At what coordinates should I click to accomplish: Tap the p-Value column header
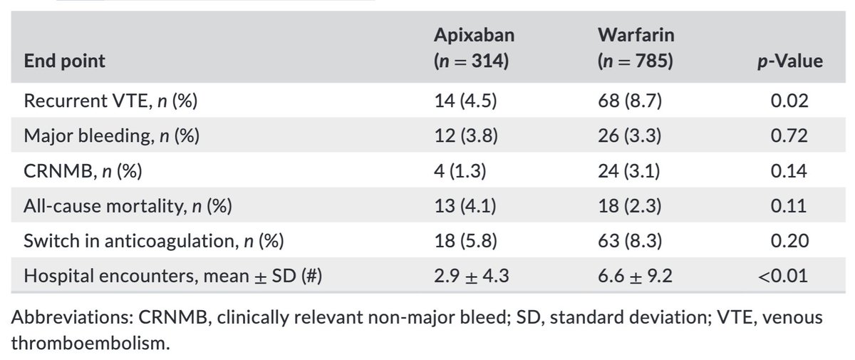tap(789, 61)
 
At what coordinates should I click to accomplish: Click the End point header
tap(65, 61)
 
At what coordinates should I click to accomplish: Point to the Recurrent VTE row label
tap(110, 101)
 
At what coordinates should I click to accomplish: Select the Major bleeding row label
tap(112, 136)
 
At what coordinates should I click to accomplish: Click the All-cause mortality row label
tap(128, 206)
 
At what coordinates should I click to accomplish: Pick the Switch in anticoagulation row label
tap(154, 241)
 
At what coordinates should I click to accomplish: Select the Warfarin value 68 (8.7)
tap(629, 101)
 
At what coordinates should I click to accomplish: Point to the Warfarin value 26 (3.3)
tap(629, 136)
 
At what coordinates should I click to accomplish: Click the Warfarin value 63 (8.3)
tap(629, 241)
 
